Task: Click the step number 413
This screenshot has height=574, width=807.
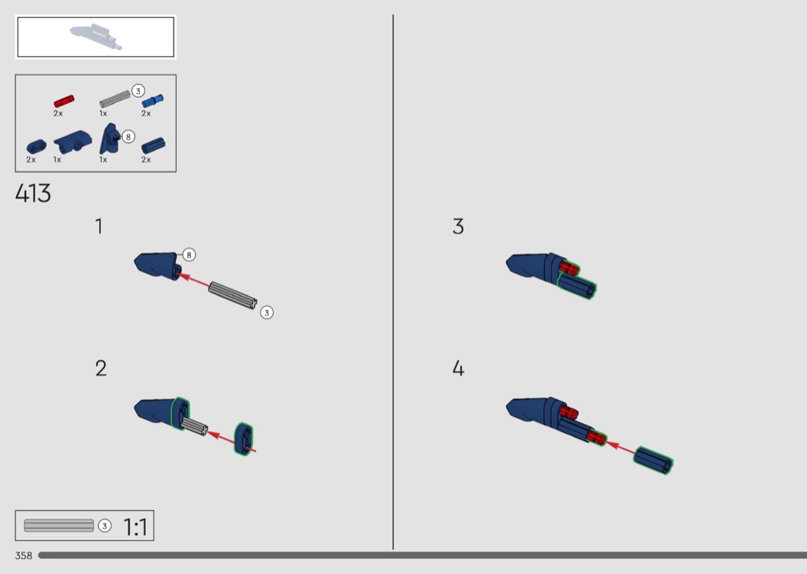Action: pos(33,194)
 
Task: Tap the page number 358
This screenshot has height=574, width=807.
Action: pos(24,556)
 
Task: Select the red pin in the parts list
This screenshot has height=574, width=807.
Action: pos(64,101)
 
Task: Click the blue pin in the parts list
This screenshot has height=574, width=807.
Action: pos(152,101)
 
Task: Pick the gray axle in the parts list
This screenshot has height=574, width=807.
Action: pos(115,99)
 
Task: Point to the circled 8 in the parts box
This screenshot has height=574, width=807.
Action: pos(128,136)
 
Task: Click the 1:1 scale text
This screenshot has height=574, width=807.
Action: pos(135,527)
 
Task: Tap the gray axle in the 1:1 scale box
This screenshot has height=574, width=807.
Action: pos(58,526)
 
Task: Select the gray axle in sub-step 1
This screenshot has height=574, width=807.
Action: pos(233,295)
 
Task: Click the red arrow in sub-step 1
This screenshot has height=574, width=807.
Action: pos(194,280)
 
